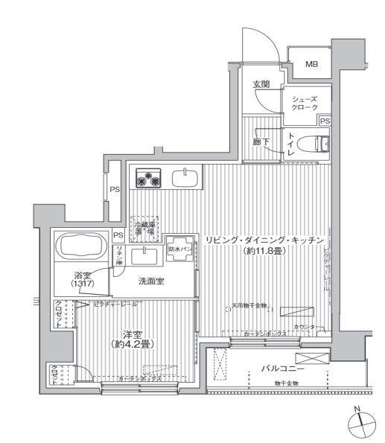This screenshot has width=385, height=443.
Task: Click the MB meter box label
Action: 311,64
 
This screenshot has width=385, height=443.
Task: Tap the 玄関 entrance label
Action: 260,83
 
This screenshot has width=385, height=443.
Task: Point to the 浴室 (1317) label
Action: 83,279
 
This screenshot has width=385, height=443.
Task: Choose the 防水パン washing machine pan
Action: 179,252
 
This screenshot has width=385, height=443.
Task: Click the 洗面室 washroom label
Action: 151,282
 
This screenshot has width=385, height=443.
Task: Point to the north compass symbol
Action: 360,421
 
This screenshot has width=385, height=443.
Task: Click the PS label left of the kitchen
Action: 115,190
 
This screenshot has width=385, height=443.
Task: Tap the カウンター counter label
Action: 308,328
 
